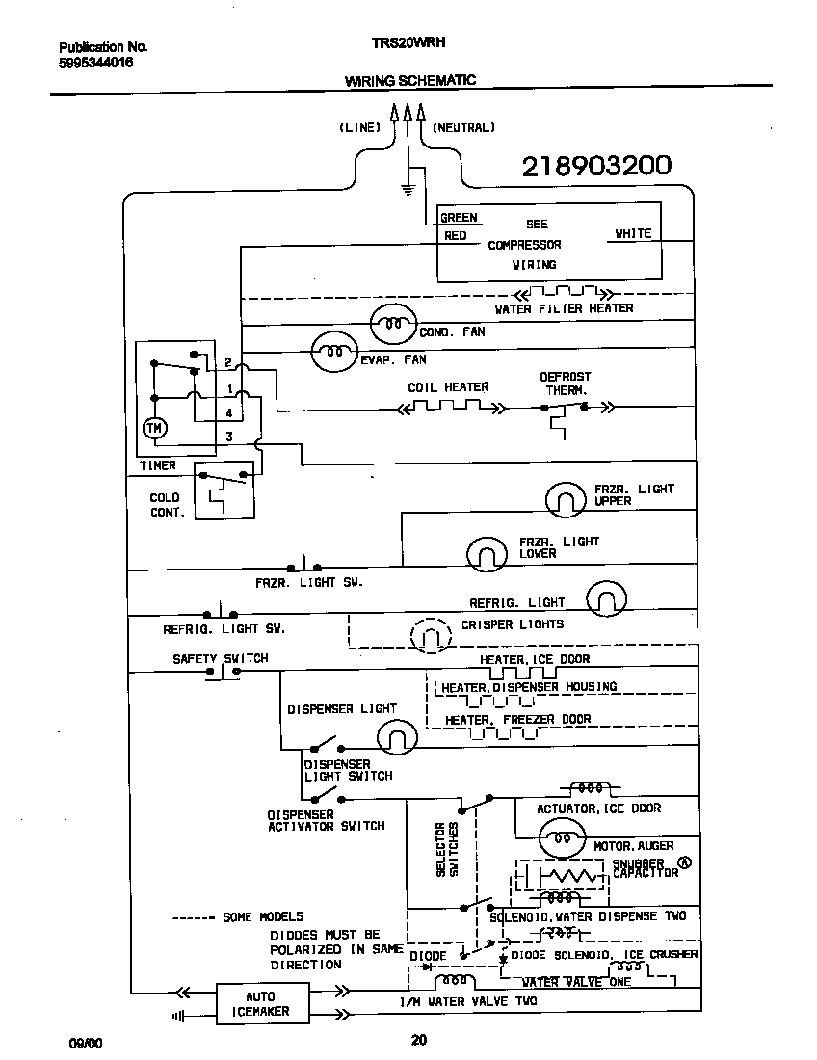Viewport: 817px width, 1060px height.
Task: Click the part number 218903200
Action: tap(596, 167)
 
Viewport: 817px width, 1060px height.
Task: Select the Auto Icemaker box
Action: tap(260, 1003)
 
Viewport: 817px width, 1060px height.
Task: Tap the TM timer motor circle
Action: tap(154, 428)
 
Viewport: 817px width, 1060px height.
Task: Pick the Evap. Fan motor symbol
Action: tap(333, 353)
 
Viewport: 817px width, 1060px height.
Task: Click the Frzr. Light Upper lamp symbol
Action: tap(566, 499)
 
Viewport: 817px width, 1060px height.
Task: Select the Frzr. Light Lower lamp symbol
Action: tap(487, 553)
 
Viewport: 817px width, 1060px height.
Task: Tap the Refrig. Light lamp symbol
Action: tap(606, 599)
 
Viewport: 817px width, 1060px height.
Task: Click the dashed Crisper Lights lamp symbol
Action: tap(431, 635)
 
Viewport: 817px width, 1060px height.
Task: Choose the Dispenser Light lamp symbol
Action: tap(396, 737)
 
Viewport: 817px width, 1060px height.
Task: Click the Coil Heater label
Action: tap(448, 387)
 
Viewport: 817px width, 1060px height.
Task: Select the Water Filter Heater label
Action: tap(564, 308)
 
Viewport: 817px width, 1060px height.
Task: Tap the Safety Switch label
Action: tap(221, 659)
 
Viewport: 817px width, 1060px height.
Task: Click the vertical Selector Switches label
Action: tap(447, 849)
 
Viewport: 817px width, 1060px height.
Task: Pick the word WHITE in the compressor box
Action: tap(633, 233)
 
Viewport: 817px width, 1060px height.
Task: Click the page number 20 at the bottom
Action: tap(418, 1040)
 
